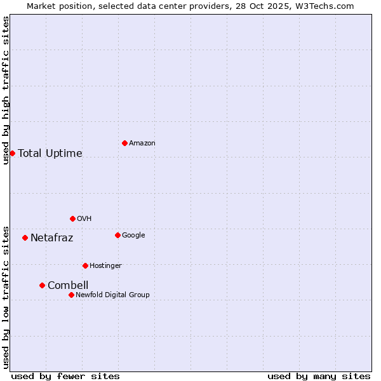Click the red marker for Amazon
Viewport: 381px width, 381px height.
(124, 143)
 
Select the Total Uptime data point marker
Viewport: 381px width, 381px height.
(12, 153)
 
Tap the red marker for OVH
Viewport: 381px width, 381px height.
(72, 218)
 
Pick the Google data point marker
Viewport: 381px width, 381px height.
(117, 235)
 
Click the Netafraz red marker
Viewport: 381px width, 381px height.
(25, 237)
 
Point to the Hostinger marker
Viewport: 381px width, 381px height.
(85, 265)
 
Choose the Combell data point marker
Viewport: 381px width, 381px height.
(42, 285)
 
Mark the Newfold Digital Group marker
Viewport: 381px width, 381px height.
(71, 295)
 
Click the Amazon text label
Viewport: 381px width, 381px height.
(142, 144)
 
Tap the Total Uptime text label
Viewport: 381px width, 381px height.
(50, 153)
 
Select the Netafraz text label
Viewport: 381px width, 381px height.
(52, 238)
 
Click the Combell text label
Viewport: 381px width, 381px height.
(68, 285)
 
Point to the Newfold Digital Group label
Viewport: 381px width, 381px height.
(112, 295)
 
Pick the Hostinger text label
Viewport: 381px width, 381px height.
(105, 265)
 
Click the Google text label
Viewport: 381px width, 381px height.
(133, 236)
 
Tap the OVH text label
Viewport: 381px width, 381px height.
(84, 219)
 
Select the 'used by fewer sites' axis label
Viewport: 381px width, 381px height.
(65, 376)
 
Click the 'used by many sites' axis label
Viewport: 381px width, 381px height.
(319, 376)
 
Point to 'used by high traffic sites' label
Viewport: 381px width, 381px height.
(6, 90)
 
